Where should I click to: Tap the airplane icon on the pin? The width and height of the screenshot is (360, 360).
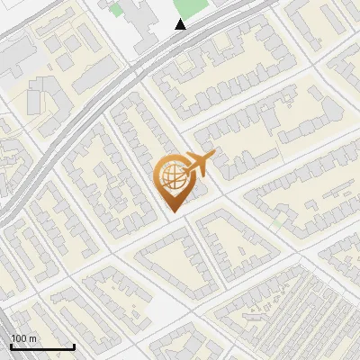pyautogui.click(x=197, y=165)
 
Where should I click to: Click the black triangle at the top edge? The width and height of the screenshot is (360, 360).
pyautogui.click(x=181, y=24)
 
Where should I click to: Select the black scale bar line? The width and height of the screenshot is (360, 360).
pyautogui.click(x=42, y=347)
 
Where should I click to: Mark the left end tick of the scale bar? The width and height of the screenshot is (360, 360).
pyautogui.click(x=11, y=346)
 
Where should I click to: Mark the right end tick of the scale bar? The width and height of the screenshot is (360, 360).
pyautogui.click(x=74, y=346)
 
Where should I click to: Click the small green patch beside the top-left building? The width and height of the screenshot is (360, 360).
pyautogui.click(x=115, y=11)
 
